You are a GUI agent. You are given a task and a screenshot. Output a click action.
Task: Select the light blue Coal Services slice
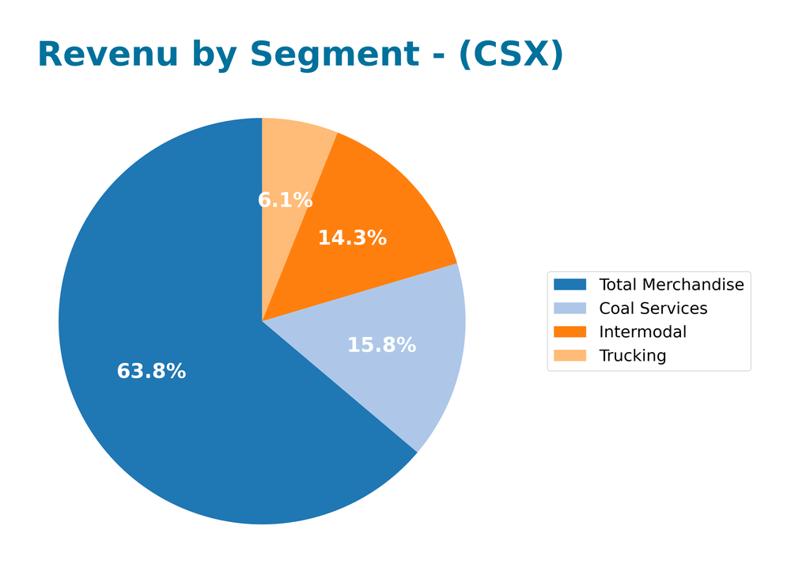pos(411,380)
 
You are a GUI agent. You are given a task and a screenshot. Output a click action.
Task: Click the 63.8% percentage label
pos(151,371)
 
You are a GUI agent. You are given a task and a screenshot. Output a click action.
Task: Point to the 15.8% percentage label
pos(381,345)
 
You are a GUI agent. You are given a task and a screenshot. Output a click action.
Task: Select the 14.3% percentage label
pos(352,237)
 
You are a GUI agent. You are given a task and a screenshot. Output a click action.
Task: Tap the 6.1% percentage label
pos(285,200)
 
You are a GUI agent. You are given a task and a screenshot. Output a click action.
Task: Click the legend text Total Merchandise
pos(671,285)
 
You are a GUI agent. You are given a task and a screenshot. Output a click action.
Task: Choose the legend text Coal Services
pos(653,308)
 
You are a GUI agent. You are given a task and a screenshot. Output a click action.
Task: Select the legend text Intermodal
pos(642,332)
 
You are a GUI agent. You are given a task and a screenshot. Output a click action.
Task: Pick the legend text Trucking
pos(632,356)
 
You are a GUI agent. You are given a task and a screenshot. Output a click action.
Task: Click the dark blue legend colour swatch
pos(570,285)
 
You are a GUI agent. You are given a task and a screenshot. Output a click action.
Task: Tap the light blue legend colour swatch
pos(570,308)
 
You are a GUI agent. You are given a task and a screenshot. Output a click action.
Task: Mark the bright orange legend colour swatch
pos(570,332)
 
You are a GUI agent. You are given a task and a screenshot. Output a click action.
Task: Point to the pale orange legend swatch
pos(570,356)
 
